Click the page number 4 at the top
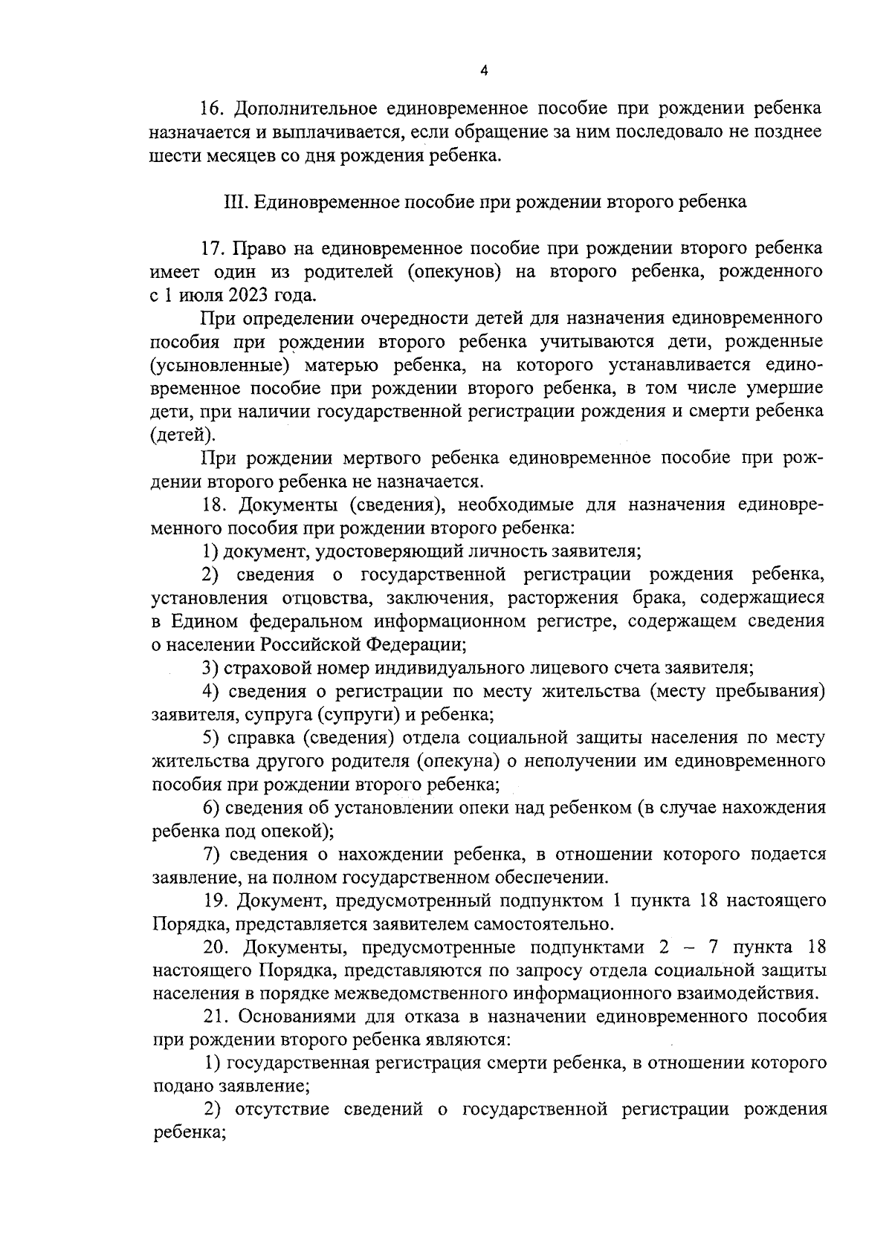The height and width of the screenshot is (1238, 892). [484, 71]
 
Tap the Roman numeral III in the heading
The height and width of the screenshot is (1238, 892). [236, 202]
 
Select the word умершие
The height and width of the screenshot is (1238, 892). [786, 388]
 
